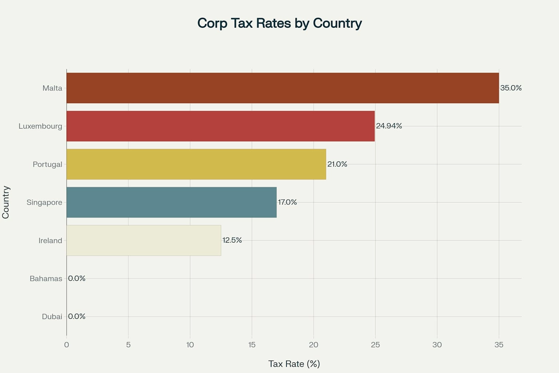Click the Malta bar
tap(282, 88)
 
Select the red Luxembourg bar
tap(221, 126)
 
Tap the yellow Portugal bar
tap(196, 164)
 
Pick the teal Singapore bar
tap(171, 202)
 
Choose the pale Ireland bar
tap(144, 240)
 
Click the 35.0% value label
tap(511, 88)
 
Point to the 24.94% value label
tap(389, 126)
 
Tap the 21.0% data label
tap(337, 164)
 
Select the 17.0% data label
tap(287, 202)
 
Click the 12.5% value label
tap(232, 240)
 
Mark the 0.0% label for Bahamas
tap(77, 278)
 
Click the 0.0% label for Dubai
tap(77, 317)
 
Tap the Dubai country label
tap(52, 317)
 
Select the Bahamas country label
tap(46, 279)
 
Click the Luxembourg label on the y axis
tap(40, 126)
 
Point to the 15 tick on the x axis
tap(252, 345)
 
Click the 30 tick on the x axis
tap(437, 345)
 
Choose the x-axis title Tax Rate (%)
tap(294, 364)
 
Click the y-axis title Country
tap(6, 202)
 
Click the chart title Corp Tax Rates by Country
tap(279, 23)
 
